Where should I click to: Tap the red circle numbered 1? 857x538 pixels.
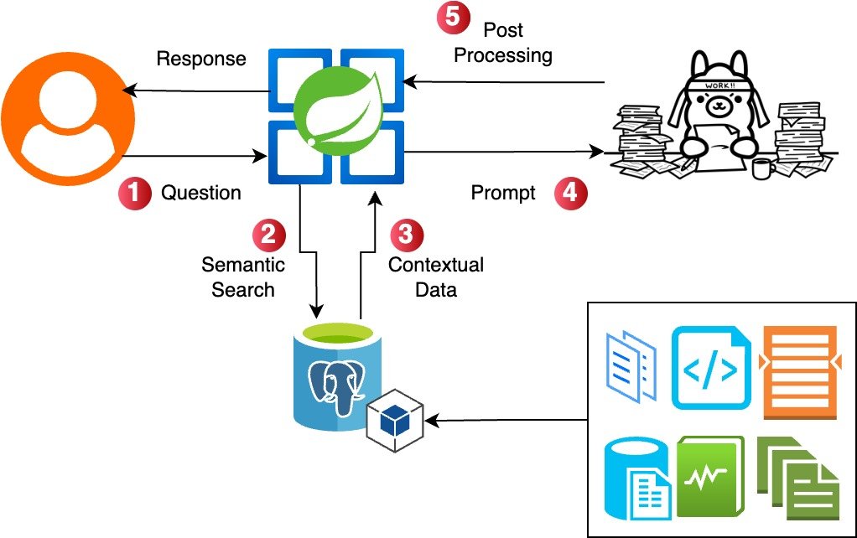coord(134,193)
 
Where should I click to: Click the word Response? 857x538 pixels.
coord(201,59)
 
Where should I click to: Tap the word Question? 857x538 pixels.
coord(201,193)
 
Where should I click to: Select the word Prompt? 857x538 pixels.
coord(503,194)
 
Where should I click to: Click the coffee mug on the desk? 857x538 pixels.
coord(763,167)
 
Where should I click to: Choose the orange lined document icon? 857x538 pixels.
coord(799,371)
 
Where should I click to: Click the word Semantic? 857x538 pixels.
coord(243,265)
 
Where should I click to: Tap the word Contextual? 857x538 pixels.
coord(436,265)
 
